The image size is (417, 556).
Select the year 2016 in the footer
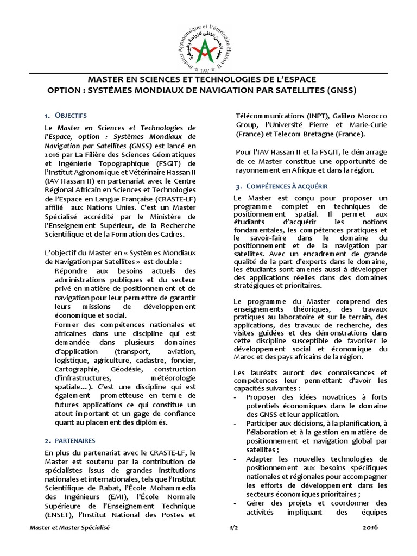coord(369,528)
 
